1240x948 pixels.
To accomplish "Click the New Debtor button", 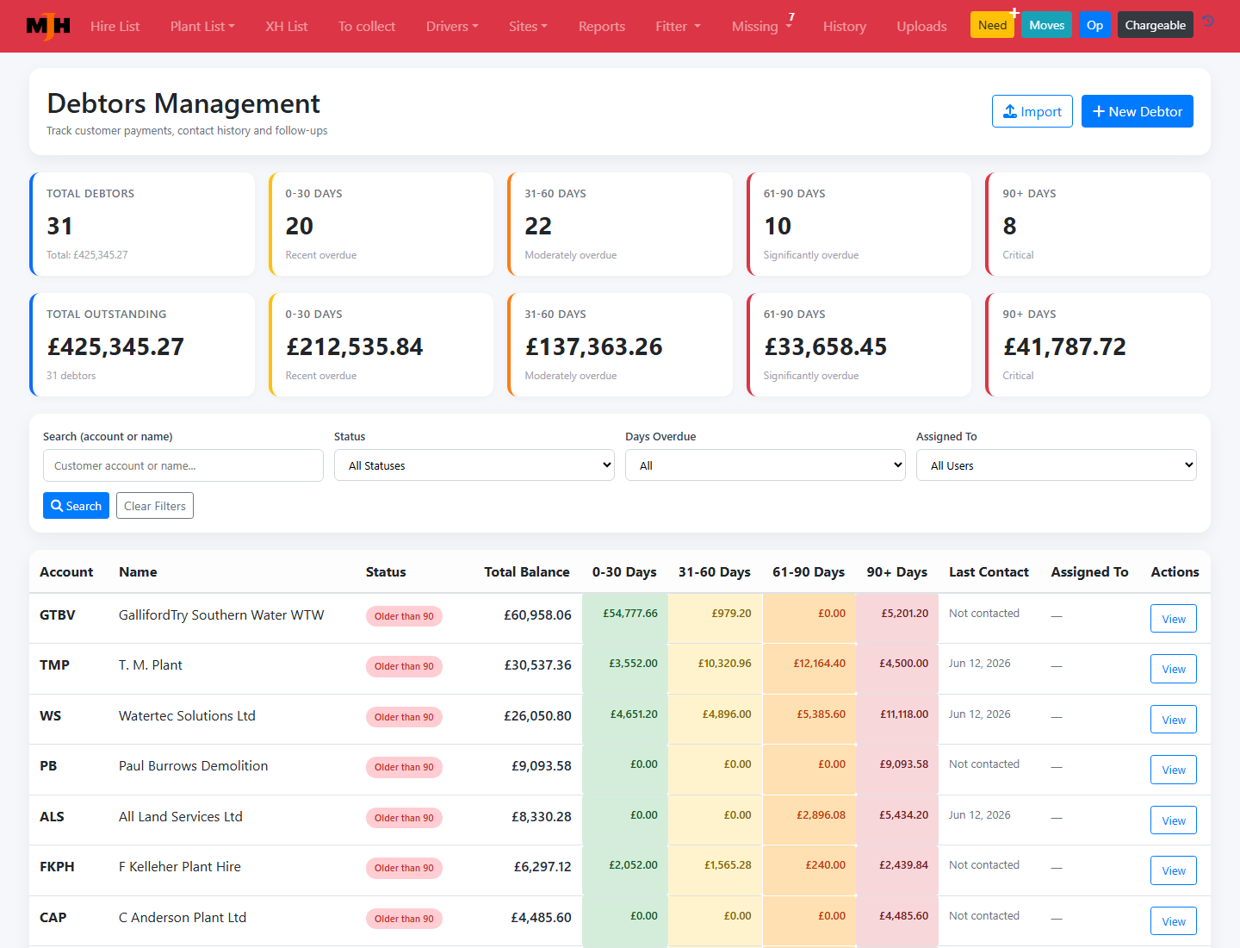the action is pyautogui.click(x=1137, y=111).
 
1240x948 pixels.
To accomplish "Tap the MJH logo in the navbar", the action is pyautogui.click(x=48, y=26).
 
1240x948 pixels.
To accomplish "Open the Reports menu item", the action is pyautogui.click(x=601, y=26).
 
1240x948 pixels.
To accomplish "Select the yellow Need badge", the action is pyautogui.click(x=992, y=26).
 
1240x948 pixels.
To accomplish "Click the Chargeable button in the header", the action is pyautogui.click(x=1155, y=26).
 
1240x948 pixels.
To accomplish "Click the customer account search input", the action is pyautogui.click(x=183, y=465).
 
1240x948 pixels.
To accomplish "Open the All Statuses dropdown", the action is pyautogui.click(x=474, y=465).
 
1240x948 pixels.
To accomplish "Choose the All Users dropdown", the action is pyautogui.click(x=1056, y=465).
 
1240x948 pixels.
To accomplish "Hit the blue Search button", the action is pyautogui.click(x=76, y=505).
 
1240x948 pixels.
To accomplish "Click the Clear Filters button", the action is pyautogui.click(x=155, y=505).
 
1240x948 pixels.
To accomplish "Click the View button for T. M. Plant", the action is pyautogui.click(x=1174, y=669).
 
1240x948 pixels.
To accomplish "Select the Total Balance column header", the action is pyautogui.click(x=526, y=571).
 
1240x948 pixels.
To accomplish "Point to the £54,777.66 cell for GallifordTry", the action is pyautogui.click(x=629, y=614).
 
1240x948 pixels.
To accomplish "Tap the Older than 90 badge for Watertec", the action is pyautogui.click(x=404, y=716).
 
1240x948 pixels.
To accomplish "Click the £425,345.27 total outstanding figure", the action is pyautogui.click(x=115, y=346).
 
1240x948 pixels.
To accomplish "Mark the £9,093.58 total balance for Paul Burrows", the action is pyautogui.click(x=541, y=765).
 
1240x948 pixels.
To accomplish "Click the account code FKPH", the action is pyautogui.click(x=57, y=867).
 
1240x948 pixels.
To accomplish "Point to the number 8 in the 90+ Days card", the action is pyautogui.click(x=1009, y=226).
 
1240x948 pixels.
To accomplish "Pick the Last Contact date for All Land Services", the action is pyautogui.click(x=979, y=814).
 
